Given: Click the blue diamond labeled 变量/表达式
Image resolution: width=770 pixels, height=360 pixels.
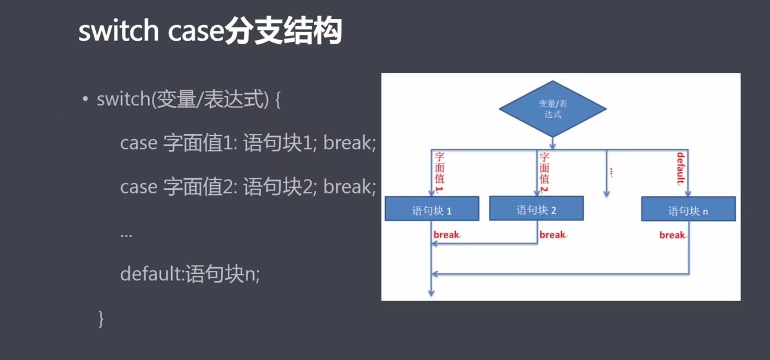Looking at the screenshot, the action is tap(552, 109).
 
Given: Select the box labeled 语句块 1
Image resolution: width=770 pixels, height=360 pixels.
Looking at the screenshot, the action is tap(432, 209).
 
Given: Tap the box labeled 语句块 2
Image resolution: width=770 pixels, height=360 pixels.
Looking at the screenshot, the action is tap(536, 209).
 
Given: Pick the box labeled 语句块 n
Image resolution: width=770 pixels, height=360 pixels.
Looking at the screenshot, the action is tap(688, 209).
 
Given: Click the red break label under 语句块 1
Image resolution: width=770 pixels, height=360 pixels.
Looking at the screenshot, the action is tap(446, 235).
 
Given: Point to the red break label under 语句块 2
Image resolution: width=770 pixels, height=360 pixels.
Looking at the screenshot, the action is tap(552, 235).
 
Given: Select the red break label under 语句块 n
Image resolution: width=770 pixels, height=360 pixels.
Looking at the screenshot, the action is tap(672, 235).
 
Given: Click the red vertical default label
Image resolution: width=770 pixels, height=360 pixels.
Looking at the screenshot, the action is tap(681, 168).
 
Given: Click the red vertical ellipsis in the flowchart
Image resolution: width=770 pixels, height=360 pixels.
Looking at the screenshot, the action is tap(611, 172).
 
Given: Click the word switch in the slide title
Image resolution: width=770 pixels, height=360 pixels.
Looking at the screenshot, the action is tap(119, 33).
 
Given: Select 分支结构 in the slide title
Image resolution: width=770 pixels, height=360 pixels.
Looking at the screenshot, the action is tap(283, 33).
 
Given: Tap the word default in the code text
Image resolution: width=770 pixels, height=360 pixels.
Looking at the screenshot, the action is tap(151, 274).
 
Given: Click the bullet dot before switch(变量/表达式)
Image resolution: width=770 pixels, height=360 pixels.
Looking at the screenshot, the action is tap(85, 100).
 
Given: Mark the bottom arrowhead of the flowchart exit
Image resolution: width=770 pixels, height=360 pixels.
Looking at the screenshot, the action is tap(431, 293).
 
